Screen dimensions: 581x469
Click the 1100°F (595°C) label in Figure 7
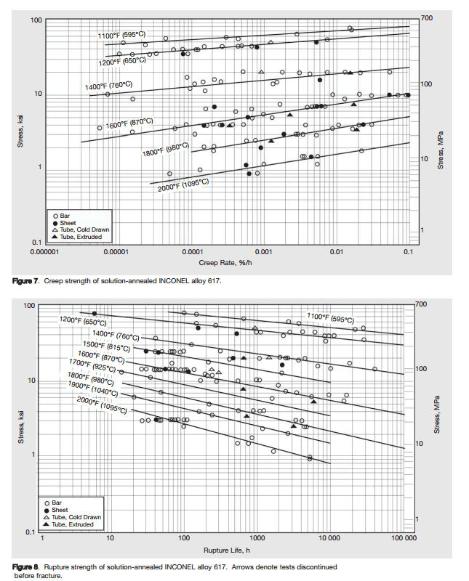[x=121, y=34]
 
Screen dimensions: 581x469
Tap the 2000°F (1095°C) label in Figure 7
[x=184, y=185]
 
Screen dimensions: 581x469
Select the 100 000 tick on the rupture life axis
[x=404, y=539]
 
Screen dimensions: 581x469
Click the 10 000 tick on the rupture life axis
[x=329, y=539]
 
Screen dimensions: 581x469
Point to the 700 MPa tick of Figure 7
[x=427, y=16]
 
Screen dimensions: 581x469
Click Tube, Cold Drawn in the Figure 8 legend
[x=76, y=516]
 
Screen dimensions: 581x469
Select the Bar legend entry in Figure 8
[x=57, y=503]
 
